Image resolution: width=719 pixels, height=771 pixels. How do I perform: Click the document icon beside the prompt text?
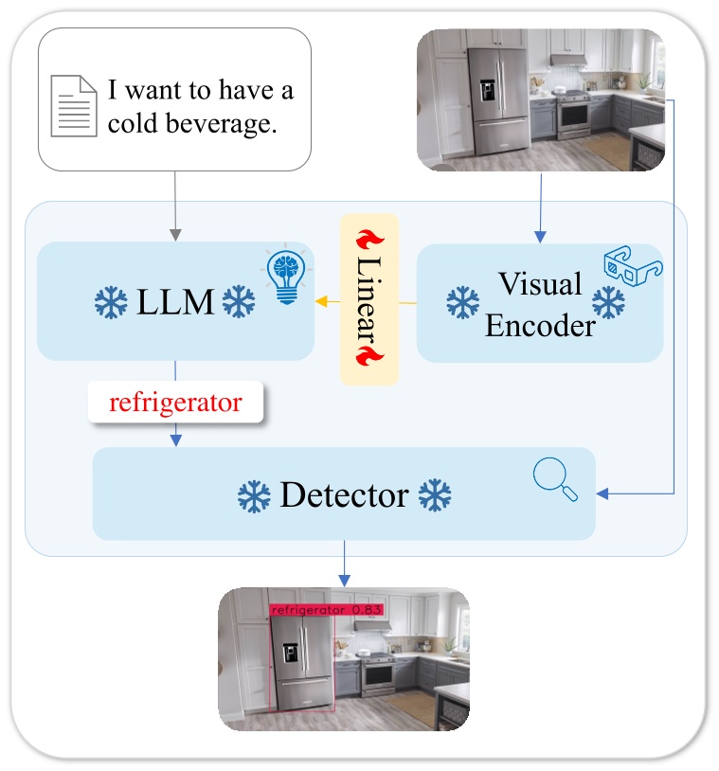click(x=73, y=105)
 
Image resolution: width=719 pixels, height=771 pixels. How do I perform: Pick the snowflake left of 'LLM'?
click(x=112, y=303)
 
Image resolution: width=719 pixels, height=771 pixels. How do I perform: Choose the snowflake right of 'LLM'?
click(x=238, y=303)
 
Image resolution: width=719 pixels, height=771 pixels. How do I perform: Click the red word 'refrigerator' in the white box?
click(x=175, y=403)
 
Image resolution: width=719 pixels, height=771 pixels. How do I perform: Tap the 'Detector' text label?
click(x=344, y=494)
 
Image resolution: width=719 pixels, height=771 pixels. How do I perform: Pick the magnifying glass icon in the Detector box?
click(x=555, y=479)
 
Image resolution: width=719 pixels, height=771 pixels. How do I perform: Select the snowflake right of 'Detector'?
click(x=435, y=495)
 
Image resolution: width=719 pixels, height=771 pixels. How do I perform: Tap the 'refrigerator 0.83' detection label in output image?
click(x=326, y=611)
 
